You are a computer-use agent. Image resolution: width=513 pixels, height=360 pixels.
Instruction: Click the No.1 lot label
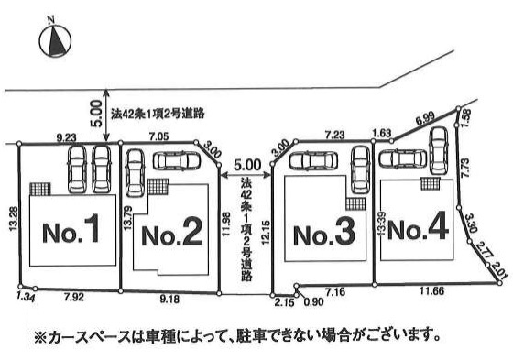[71, 233]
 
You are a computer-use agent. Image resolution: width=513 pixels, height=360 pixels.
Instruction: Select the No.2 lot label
[172, 235]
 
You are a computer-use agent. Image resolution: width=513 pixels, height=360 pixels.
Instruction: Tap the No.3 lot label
[323, 235]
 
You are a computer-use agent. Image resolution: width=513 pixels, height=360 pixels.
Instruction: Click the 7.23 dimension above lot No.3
[334, 134]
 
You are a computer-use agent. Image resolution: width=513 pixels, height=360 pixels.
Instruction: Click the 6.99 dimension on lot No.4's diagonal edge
[425, 118]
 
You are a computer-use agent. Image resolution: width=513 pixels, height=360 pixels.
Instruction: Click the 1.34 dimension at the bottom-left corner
[25, 297]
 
